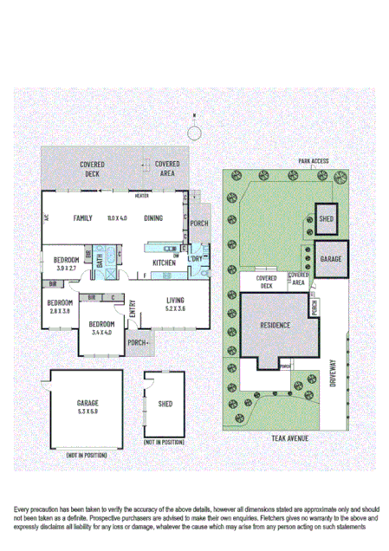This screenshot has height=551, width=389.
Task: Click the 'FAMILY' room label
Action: (83, 218)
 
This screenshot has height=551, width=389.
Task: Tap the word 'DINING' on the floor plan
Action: (153, 218)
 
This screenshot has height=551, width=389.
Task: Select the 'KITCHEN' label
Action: (165, 263)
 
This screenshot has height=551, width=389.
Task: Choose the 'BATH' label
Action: (101, 260)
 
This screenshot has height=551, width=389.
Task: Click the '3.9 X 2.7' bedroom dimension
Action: (67, 269)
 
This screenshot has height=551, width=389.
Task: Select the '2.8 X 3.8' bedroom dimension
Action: (60, 311)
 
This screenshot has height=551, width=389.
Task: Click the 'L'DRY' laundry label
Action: (195, 258)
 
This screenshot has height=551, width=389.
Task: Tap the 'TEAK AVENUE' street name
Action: (289, 438)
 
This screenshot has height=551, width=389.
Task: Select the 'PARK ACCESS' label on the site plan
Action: (313, 161)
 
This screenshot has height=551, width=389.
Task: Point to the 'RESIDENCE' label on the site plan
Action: (275, 326)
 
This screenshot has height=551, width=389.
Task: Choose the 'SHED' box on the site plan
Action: (327, 219)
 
